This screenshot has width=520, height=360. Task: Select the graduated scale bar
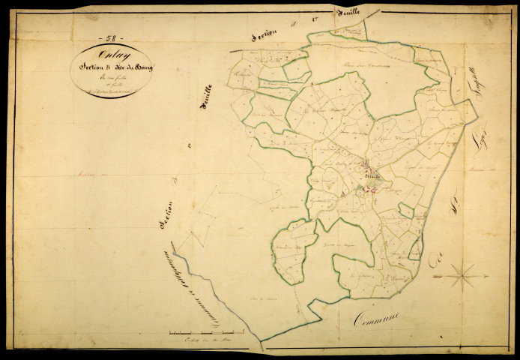(x=207, y=331)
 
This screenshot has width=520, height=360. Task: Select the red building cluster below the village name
(x=366, y=189)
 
